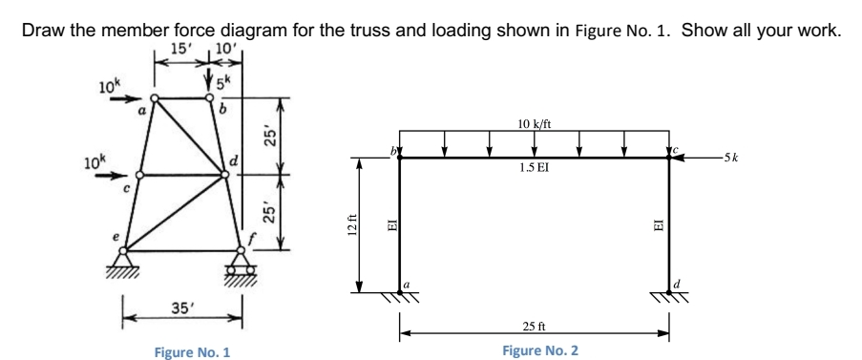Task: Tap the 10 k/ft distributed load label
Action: click(533, 123)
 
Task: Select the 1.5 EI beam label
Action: click(534, 168)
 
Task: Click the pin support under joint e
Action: click(123, 260)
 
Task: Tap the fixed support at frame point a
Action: click(399, 297)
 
